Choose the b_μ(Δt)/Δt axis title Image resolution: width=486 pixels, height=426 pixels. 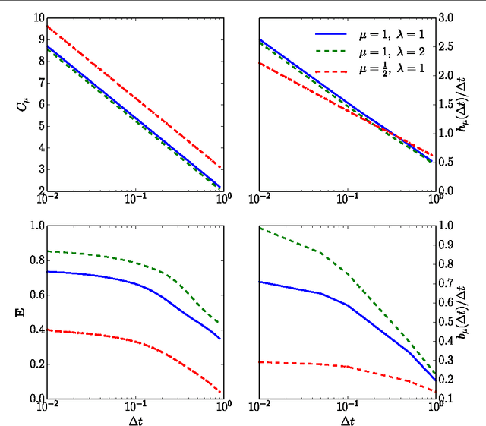(473, 311)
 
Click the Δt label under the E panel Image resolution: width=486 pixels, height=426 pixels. (135, 419)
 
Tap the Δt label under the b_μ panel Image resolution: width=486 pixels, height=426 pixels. (347, 419)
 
